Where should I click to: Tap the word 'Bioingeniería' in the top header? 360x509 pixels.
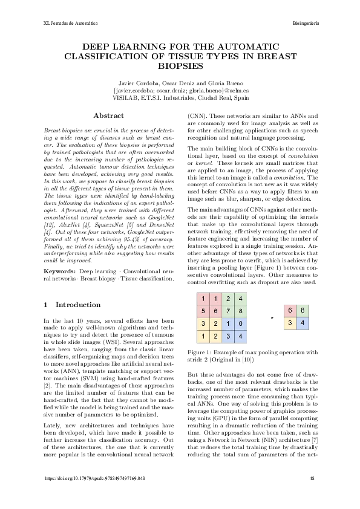[306, 22]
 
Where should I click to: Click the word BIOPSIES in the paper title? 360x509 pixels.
[180, 67]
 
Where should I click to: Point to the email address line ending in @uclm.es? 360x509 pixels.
[180, 90]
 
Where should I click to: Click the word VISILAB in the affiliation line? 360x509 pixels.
[134, 97]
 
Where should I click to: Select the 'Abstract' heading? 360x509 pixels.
[109, 115]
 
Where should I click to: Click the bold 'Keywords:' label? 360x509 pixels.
[59, 273]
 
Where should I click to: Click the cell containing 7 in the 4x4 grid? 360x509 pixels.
[228, 311]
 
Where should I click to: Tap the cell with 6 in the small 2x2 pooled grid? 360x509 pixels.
[291, 311]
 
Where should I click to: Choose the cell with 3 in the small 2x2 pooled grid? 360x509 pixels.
[291, 323]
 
